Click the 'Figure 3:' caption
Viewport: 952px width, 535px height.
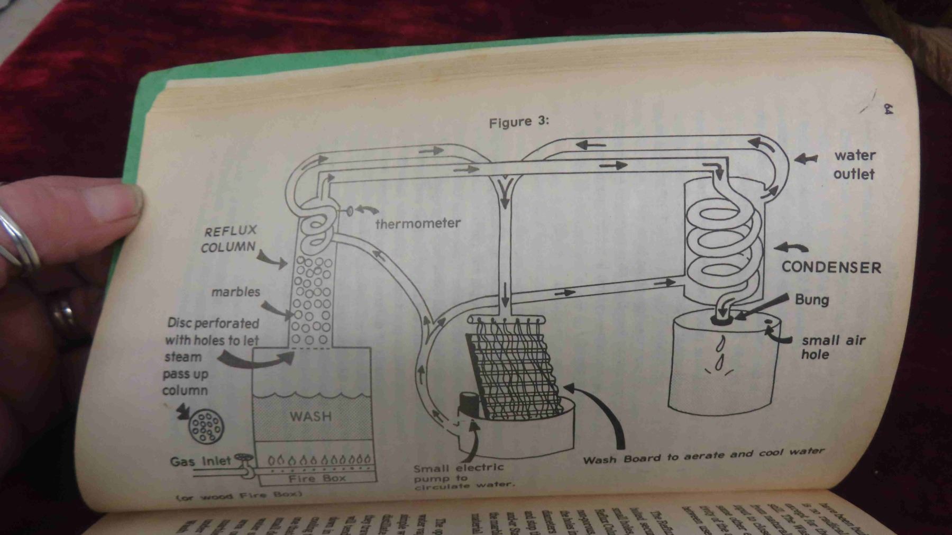(518, 122)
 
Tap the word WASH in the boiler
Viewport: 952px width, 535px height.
(310, 416)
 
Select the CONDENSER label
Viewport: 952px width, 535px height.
(831, 267)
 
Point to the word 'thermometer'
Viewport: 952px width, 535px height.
(418, 224)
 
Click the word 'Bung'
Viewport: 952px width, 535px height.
(811, 300)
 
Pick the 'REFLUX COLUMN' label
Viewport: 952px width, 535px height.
(229, 239)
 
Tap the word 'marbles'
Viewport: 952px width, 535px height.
(236, 292)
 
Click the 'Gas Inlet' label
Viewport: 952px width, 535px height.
(200, 461)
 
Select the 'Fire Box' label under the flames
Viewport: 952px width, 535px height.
(317, 479)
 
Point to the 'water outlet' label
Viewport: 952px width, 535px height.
(854, 165)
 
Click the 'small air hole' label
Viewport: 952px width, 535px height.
(832, 347)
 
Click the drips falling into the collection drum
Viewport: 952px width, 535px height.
(719, 355)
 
